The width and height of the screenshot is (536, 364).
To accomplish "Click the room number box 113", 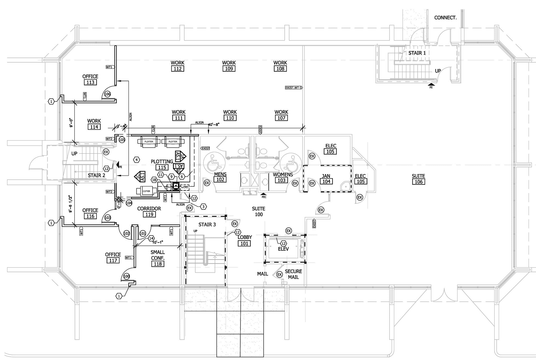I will point(90,82).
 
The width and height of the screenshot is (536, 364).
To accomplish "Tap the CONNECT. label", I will point(445,18).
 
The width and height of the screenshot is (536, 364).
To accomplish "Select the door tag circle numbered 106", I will point(107,94).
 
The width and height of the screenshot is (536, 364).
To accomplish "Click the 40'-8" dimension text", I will point(214,125).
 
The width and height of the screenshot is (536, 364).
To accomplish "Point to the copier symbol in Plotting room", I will point(146,191).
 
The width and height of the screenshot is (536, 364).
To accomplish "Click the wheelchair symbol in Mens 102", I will point(214,162).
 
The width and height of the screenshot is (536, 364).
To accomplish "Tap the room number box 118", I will point(158,264).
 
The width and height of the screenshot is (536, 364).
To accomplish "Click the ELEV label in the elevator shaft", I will point(283,249).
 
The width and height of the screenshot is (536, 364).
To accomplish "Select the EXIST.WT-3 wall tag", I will point(294,88).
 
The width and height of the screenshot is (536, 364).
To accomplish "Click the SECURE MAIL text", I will point(293,274).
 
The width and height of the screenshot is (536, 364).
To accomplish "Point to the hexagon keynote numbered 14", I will point(151,238).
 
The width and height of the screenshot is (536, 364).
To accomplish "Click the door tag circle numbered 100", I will point(126,276).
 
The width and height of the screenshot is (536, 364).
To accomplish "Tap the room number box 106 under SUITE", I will point(418,182).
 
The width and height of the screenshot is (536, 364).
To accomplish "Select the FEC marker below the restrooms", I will point(264,195).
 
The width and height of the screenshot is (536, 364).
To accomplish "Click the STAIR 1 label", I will point(417,53).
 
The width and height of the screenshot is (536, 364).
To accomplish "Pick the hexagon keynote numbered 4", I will point(136,160).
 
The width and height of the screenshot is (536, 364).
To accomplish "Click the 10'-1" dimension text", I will point(158,242).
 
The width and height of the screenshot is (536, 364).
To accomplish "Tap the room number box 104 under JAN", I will point(326,181).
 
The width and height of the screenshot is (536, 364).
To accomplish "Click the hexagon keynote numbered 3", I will point(203,207).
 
